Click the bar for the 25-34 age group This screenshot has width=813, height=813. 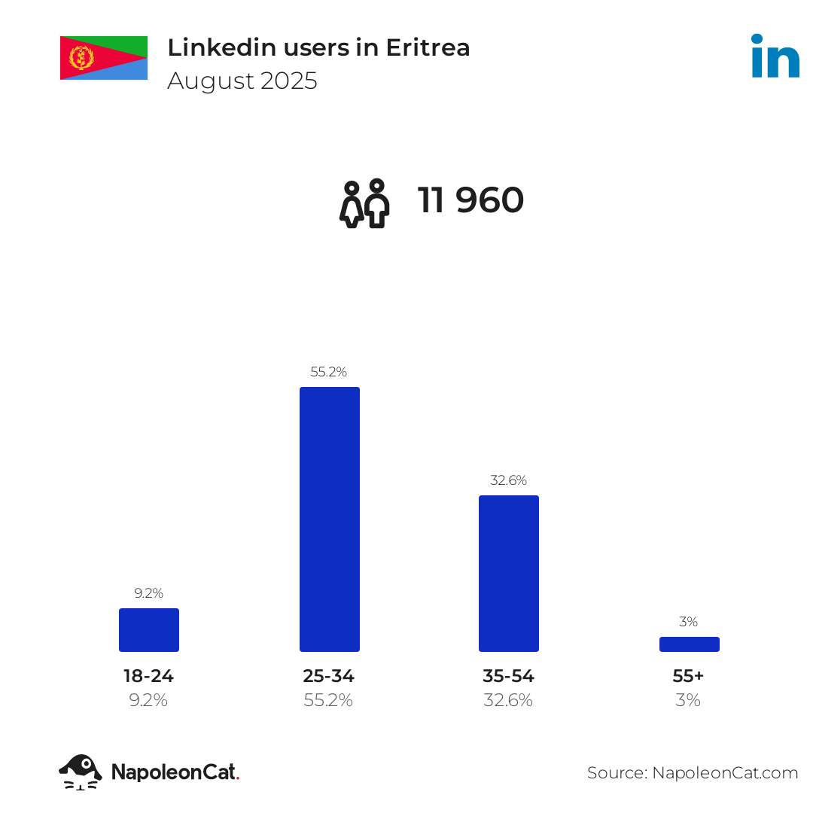point(329,519)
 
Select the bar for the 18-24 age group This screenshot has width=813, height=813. point(149,629)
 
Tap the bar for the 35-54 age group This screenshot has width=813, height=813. point(509,573)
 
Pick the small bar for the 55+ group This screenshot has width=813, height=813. point(689,644)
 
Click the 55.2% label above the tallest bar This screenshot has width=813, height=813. point(329,372)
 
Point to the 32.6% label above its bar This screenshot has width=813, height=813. point(509,480)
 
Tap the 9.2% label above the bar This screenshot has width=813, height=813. point(149,593)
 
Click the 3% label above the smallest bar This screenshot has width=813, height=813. point(688,622)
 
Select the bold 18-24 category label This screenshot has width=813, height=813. point(149,676)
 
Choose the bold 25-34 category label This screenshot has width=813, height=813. point(329,676)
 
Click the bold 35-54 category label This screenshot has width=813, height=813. point(509,676)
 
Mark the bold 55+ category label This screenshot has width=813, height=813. point(688,676)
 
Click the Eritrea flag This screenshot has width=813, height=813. point(104,57)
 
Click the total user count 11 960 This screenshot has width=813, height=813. point(470,201)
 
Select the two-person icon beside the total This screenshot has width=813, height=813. point(364,203)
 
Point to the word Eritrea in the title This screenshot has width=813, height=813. point(428,47)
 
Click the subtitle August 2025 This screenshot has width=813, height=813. point(242,81)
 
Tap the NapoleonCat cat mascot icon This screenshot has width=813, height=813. point(81,772)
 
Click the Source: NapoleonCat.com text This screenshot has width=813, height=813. point(693,772)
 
